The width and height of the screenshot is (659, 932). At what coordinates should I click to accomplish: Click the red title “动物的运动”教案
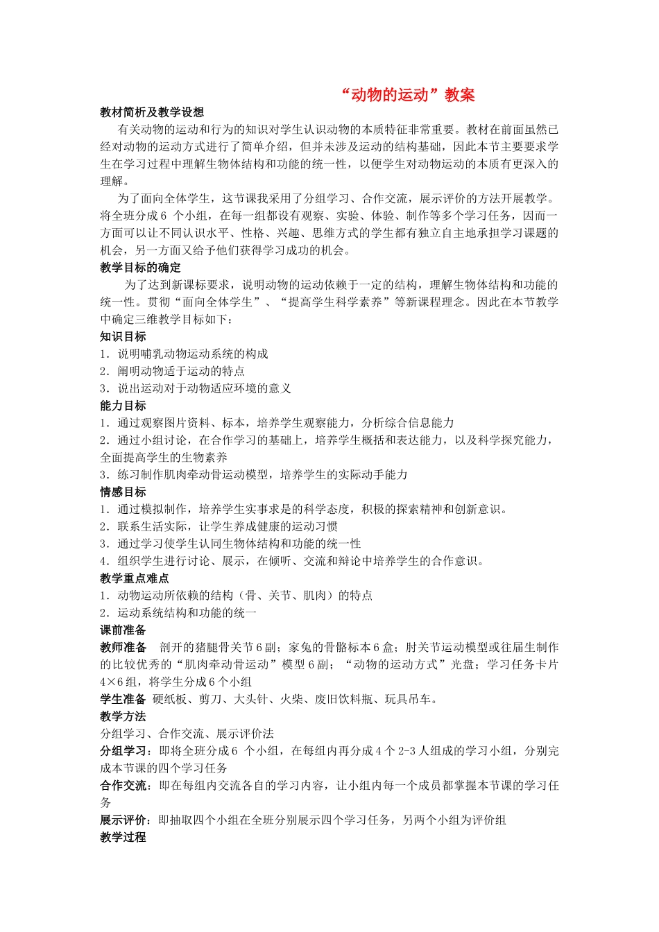(x=408, y=95)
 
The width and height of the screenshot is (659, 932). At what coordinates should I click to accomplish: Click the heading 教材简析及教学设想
(x=152, y=112)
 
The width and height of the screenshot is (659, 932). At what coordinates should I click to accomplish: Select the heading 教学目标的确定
(x=140, y=268)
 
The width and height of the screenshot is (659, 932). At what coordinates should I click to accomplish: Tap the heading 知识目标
(x=123, y=337)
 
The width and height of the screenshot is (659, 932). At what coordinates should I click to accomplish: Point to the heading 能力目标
(x=123, y=406)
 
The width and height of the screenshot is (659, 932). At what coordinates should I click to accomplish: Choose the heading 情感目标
(x=123, y=492)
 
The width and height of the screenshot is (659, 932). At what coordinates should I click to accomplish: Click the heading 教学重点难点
(x=135, y=578)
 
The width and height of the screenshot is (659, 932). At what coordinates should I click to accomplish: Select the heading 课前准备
(x=123, y=630)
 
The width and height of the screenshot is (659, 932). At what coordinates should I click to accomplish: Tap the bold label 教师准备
(x=123, y=648)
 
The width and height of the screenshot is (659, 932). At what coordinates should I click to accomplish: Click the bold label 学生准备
(x=123, y=699)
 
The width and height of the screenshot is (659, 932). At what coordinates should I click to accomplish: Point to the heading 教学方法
(x=123, y=716)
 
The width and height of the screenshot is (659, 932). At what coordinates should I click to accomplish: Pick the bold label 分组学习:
(x=126, y=751)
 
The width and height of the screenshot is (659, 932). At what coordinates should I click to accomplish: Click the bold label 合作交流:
(x=126, y=786)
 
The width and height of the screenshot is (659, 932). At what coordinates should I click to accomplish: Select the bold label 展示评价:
(x=126, y=820)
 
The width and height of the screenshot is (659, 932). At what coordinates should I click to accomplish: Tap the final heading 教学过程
(x=123, y=838)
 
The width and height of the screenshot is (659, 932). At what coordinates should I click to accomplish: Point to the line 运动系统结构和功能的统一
(x=187, y=613)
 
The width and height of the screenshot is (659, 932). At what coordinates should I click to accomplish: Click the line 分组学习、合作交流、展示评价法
(x=187, y=734)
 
